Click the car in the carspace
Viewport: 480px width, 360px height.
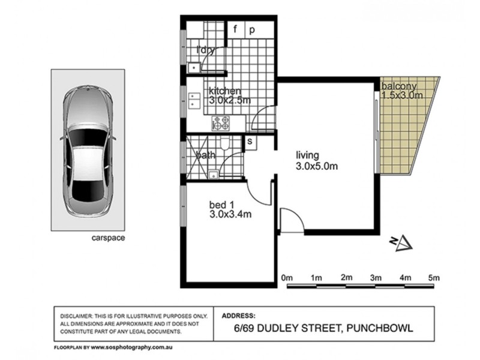(88, 151)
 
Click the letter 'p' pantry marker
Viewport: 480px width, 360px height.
(253, 29)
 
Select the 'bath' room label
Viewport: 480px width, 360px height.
(206, 156)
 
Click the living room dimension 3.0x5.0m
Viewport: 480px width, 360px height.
(318, 166)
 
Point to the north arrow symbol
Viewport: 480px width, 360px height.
(401, 242)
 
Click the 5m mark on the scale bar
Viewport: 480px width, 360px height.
(434, 278)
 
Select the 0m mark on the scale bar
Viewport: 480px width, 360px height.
(287, 278)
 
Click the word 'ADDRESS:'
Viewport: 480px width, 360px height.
(239, 316)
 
